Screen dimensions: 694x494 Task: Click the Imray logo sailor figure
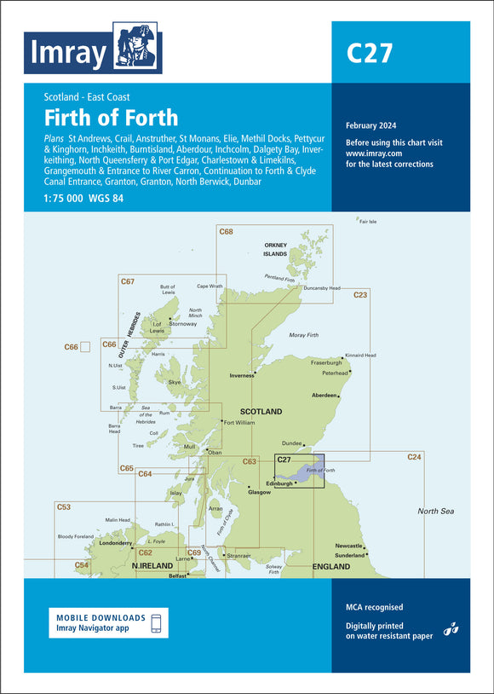click(x=136, y=51)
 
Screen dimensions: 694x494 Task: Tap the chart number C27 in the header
click(x=369, y=54)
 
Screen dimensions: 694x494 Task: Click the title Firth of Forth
click(x=112, y=116)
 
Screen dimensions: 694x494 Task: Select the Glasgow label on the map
click(x=259, y=492)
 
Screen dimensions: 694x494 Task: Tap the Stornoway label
click(x=182, y=324)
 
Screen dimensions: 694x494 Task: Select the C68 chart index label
click(x=226, y=232)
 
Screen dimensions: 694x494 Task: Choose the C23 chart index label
click(x=360, y=295)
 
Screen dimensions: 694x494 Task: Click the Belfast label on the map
click(x=177, y=575)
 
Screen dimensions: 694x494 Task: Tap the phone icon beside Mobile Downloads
click(x=154, y=622)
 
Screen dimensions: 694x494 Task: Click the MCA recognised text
click(x=374, y=607)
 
